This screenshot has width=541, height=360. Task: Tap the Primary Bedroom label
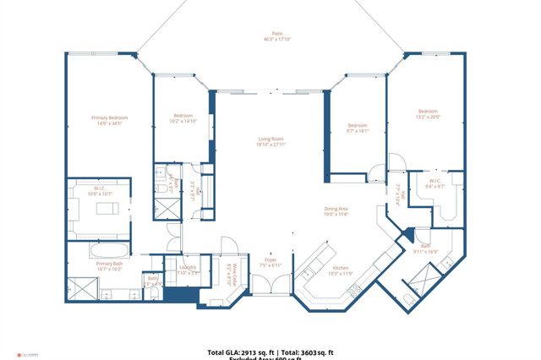tap(109, 117)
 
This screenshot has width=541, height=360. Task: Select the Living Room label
tap(271, 139)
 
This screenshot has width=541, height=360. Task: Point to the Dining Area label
tap(336, 210)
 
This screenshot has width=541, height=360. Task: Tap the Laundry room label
tap(187, 267)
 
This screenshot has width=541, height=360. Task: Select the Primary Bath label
tap(110, 264)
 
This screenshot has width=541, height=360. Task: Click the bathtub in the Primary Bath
tap(109, 251)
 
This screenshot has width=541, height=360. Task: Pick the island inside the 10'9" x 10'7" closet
tap(107, 208)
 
